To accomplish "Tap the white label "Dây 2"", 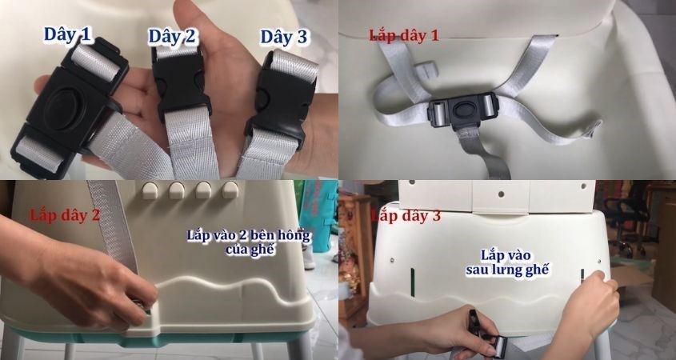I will [x=172, y=37].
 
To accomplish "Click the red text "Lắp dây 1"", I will [x=403, y=34].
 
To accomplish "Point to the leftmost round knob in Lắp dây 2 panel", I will [x=148, y=191].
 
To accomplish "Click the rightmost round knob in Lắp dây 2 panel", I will [x=231, y=191].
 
